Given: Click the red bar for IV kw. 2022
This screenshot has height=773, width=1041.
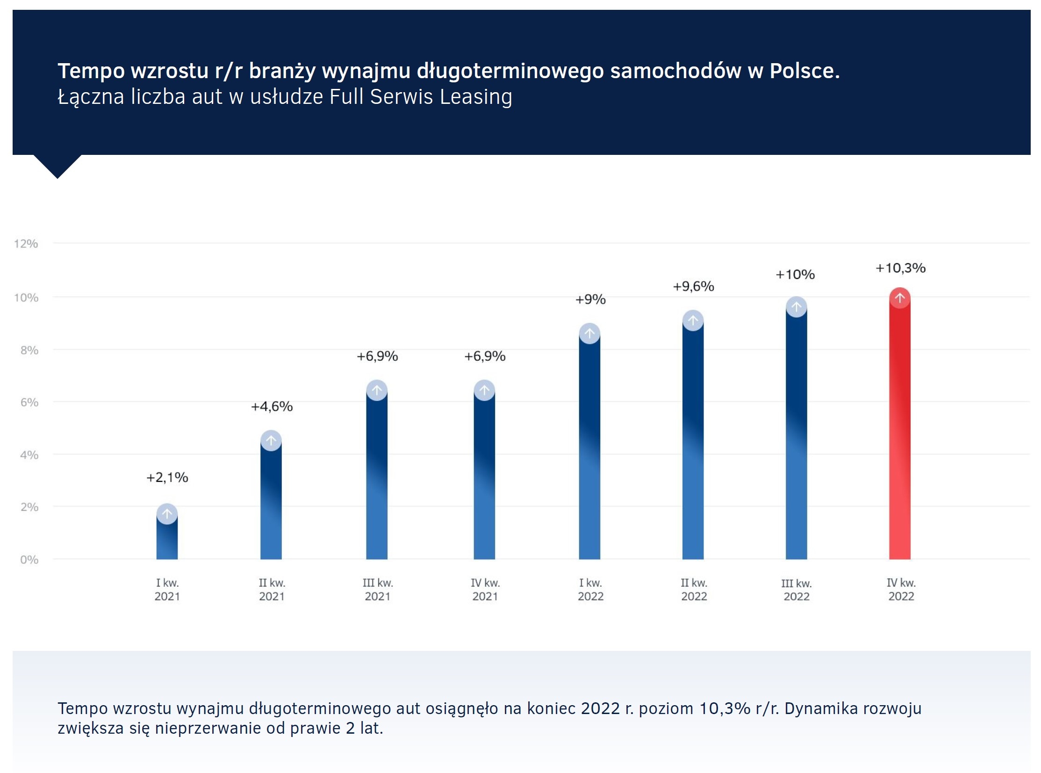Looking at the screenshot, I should click(899, 430).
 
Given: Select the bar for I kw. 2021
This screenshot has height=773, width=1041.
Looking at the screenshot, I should click(167, 538).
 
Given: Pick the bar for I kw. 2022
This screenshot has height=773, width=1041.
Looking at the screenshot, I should click(589, 449).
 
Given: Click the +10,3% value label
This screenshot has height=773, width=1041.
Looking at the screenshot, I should click(900, 268).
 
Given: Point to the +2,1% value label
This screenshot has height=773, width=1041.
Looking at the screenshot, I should click(167, 477).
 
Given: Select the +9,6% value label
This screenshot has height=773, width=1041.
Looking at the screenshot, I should click(693, 286).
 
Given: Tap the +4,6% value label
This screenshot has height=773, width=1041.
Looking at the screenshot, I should click(272, 406).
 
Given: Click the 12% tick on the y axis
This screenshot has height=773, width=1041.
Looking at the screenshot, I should click(26, 243).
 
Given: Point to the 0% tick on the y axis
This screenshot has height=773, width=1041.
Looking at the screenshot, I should click(29, 560).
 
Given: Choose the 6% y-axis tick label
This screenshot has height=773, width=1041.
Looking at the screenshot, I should click(29, 402).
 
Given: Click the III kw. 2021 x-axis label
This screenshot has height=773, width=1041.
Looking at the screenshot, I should click(378, 590).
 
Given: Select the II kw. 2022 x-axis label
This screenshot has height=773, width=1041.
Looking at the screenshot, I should click(694, 590).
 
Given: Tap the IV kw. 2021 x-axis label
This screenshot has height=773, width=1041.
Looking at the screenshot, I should click(485, 590).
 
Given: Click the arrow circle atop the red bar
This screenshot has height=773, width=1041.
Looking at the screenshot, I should click(899, 298).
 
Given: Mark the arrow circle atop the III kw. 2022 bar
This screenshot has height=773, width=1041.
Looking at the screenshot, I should click(796, 307).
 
